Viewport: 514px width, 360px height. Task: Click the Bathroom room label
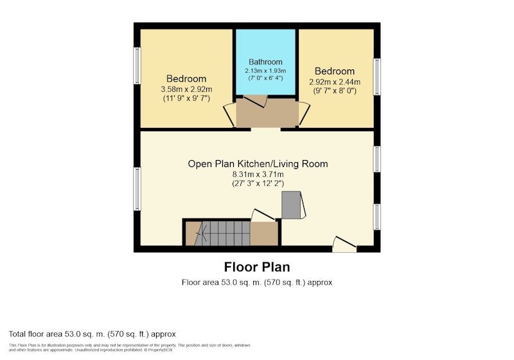tap(265, 62)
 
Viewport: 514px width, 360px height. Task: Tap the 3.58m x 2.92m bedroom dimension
tap(186, 89)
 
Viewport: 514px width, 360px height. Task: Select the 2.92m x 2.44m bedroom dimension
tap(335, 82)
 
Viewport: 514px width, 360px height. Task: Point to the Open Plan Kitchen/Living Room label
tap(258, 164)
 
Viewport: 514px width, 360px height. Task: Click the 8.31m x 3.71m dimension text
tap(258, 174)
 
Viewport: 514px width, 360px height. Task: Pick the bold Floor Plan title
tap(257, 267)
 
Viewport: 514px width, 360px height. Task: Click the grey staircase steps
tap(222, 233)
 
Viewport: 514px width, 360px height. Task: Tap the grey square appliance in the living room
tap(292, 205)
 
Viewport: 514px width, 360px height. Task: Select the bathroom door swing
tap(255, 101)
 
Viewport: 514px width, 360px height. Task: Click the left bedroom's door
tap(229, 115)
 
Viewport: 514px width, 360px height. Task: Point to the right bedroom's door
tap(304, 113)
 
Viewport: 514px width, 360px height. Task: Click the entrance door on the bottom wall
tap(344, 244)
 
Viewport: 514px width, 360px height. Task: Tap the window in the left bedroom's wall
tap(137, 66)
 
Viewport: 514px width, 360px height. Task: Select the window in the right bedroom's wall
tap(377, 76)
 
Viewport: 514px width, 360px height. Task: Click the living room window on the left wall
tap(137, 189)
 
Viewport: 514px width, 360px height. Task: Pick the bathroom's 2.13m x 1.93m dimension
tap(265, 71)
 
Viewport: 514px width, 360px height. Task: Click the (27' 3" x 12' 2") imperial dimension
tap(258, 184)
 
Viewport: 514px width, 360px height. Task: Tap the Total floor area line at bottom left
tap(92, 334)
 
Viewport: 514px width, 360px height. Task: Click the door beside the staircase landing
tap(263, 215)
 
